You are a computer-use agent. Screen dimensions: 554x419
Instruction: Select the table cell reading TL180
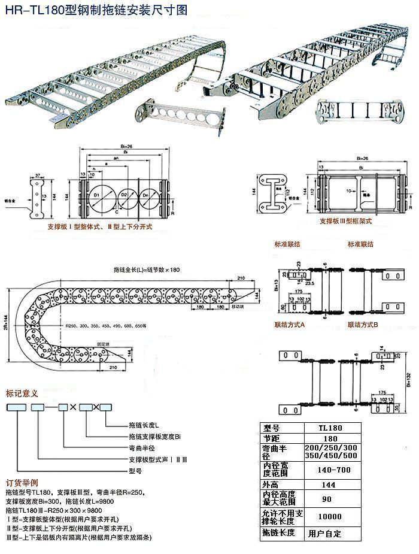point(330,429)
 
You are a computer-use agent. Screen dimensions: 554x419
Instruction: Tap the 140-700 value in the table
point(330,470)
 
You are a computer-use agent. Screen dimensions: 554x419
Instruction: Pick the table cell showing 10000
point(330,516)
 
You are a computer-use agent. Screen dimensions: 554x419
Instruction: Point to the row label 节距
point(272,440)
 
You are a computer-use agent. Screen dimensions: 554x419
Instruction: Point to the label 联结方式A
point(290,324)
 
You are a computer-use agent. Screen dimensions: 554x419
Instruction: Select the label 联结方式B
point(363,324)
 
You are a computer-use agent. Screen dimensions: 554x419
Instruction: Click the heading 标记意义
point(22,393)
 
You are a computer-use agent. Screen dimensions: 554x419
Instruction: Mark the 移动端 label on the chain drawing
point(222,306)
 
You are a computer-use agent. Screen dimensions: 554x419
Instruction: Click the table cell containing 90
point(330,499)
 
